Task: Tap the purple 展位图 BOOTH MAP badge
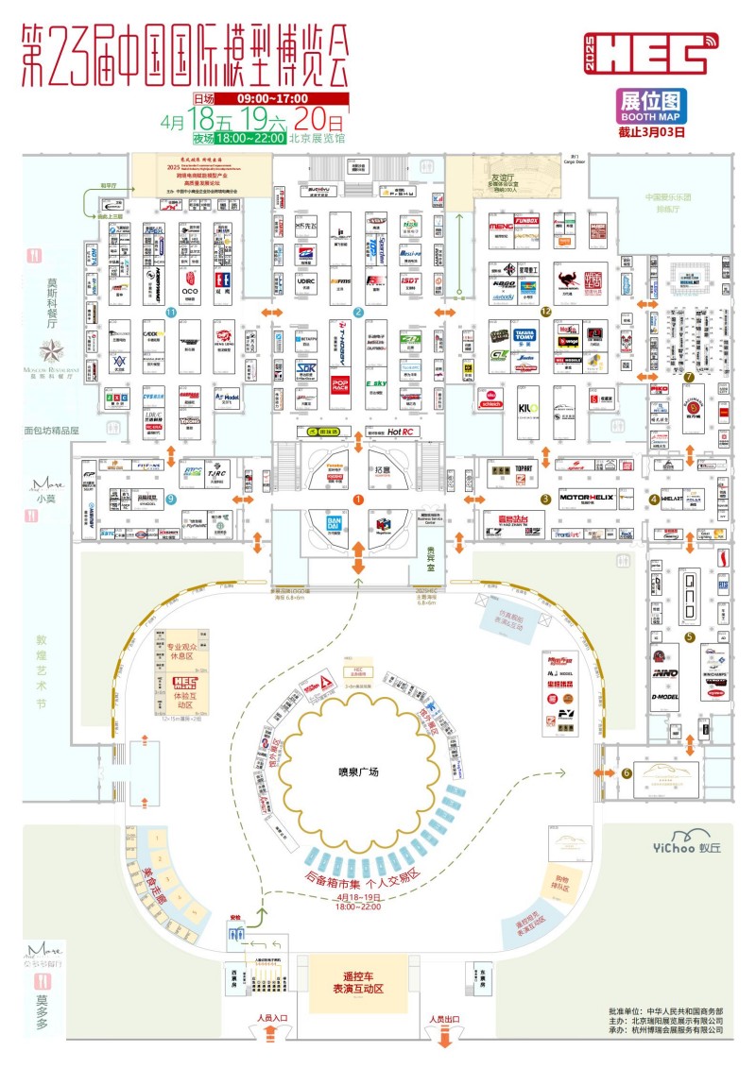coord(651,106)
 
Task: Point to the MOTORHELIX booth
coord(588,497)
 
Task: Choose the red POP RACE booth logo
coord(341,384)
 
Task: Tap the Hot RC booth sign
coord(402,432)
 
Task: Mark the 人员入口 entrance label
coord(271,1019)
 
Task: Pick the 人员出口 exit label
coord(442,1019)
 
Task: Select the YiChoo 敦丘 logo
coord(699,838)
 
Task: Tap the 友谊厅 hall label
coord(500,177)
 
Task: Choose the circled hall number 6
coord(627,773)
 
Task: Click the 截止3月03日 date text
coord(651,131)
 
